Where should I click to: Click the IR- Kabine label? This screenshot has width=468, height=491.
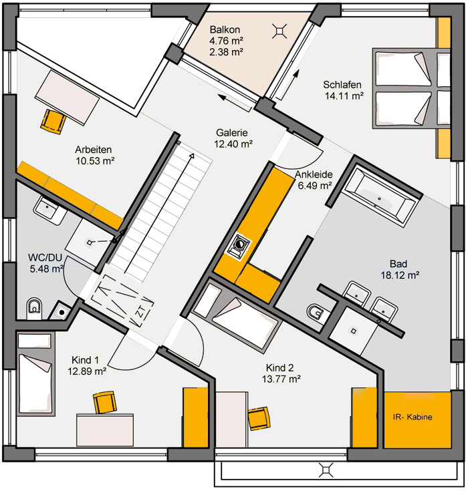tap(413, 417)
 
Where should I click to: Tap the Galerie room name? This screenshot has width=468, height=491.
tap(232, 133)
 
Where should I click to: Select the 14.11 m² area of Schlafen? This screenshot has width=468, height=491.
tap(344, 96)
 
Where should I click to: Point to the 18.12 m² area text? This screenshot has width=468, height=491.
tap(400, 275)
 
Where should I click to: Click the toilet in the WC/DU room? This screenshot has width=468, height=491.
tap(34, 308)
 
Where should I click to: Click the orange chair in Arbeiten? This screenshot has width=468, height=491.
tap(53, 122)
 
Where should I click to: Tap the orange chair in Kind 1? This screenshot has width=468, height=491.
tap(105, 401)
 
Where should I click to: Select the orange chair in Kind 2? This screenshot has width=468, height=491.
tap(259, 418)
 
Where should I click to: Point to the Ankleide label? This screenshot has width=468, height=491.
tap(314, 174)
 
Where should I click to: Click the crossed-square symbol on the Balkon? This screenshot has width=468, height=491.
tap(279, 31)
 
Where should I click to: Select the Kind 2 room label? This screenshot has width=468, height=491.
tap(280, 367)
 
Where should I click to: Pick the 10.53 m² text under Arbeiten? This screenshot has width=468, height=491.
tap(95, 161)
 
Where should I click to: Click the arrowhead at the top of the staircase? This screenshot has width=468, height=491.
tap(192, 156)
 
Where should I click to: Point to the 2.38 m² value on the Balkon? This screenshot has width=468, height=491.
tap(227, 51)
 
